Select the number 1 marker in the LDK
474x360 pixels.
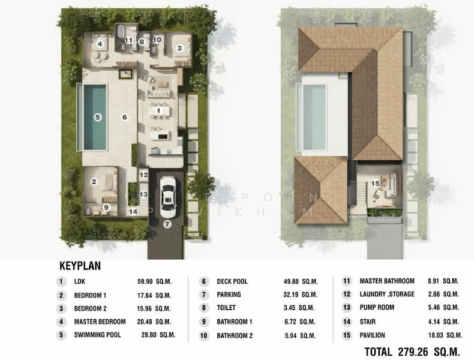[158, 110]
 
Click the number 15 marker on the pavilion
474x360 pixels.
[375, 183]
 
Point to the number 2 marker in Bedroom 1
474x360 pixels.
[94, 181]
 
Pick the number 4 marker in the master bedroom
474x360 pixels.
[101, 43]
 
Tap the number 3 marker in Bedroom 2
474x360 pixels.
[179, 47]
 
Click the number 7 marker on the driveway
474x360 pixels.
[167, 225]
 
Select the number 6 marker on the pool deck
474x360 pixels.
[125, 117]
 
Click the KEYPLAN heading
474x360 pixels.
[79, 265]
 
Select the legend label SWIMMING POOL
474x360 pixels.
[97, 335]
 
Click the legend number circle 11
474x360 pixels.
[347, 281]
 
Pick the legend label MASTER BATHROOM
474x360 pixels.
[387, 281]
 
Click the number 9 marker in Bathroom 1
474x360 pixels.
[106, 208]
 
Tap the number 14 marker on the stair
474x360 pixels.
[133, 211]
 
